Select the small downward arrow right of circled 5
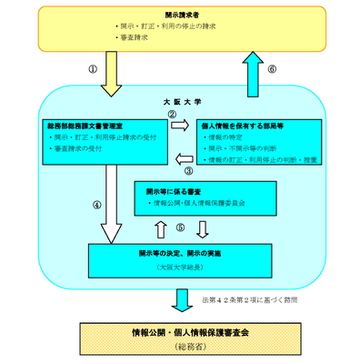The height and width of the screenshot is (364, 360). tap(202, 227)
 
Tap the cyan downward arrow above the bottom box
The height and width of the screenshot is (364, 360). tap(182, 298)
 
